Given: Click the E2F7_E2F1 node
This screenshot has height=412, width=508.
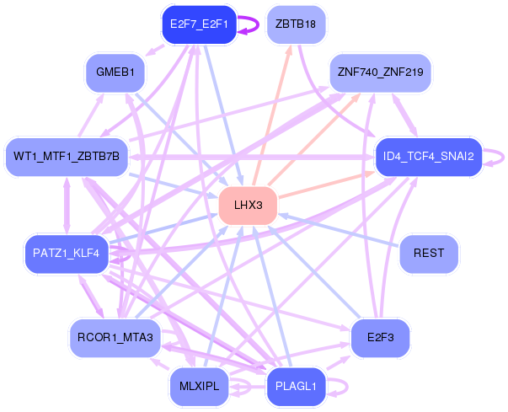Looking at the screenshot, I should point(199,24).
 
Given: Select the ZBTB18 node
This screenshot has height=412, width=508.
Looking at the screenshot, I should point(295,24).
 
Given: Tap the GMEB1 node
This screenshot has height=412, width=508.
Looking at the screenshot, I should point(115,72).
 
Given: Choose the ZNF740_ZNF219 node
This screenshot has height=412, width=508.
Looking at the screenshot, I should point(379,72).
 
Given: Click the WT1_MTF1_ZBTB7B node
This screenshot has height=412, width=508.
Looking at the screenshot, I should point(67,157).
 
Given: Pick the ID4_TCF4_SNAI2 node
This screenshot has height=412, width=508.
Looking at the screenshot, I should point(428,157).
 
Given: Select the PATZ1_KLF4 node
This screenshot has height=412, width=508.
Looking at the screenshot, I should point(67,253).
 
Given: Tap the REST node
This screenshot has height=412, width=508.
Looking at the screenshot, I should point(429,253).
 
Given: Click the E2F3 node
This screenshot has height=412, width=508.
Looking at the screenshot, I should point(380,337).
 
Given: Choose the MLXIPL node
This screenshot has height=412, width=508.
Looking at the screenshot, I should point(199,386).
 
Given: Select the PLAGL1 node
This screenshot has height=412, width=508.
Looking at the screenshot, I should point(296,386).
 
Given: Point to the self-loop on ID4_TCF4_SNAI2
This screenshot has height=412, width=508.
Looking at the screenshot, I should point(500,156).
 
